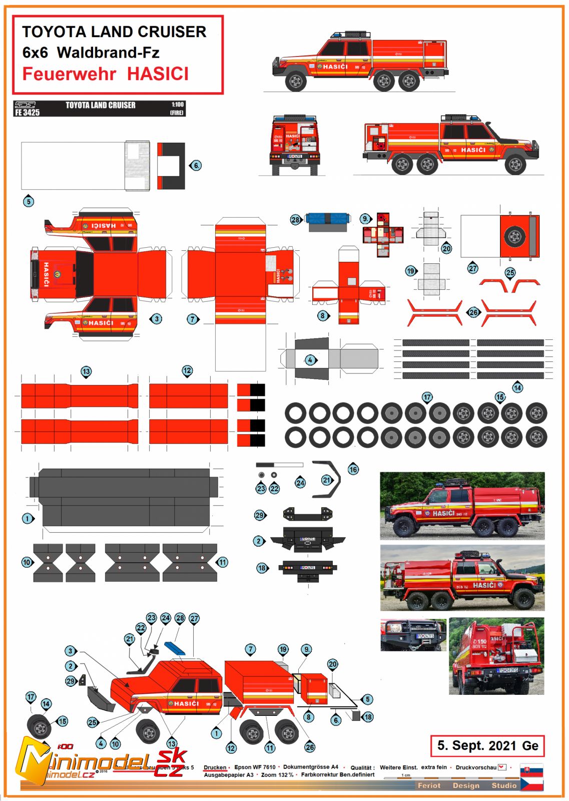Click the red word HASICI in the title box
coord(158,74)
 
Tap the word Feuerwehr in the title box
coord(69,74)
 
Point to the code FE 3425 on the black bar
coord(27,113)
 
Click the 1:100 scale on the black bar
coord(178,105)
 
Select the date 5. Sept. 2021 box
coord(487,745)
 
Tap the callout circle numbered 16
coord(353,470)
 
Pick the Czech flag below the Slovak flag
coord(531,783)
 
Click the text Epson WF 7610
coord(255,767)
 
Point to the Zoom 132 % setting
coord(277,775)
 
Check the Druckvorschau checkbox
coord(502,767)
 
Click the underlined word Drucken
coord(215,767)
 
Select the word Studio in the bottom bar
coord(503,785)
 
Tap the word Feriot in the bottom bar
coord(429,785)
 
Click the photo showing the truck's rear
coord(496,656)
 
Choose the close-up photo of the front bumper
coord(413,635)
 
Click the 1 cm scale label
coord(406,775)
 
